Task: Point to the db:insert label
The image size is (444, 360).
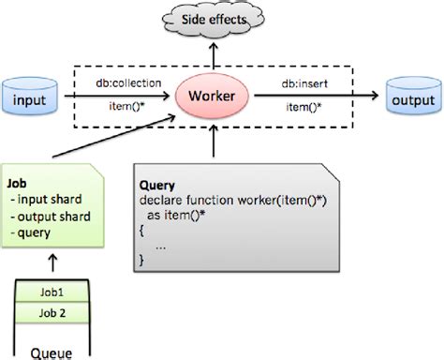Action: tap(306, 83)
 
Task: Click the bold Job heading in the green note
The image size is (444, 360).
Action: tap(16, 183)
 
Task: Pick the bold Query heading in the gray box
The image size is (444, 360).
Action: tap(155, 186)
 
